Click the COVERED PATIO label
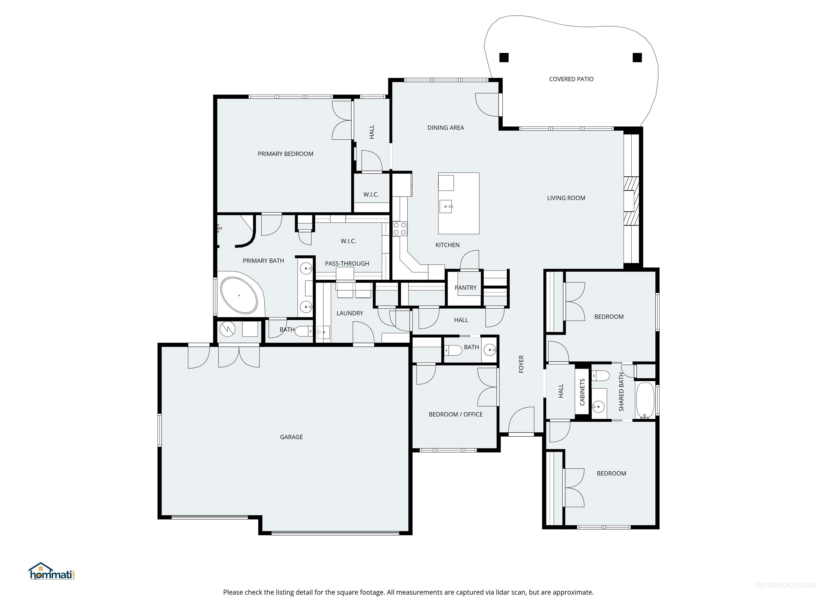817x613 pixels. (x=571, y=79)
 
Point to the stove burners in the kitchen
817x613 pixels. (x=399, y=228)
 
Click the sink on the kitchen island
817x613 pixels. (x=446, y=206)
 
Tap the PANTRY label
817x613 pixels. (x=465, y=287)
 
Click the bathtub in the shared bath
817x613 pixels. (x=645, y=400)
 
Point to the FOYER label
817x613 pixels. (x=521, y=364)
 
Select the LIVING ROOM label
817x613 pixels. (x=566, y=198)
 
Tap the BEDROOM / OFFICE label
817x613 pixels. (x=455, y=415)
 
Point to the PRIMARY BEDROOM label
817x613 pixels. (x=285, y=154)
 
